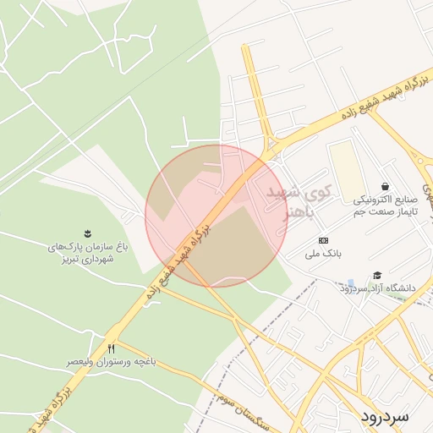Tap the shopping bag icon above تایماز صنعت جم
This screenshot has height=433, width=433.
point(386,186)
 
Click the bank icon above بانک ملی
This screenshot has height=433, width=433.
point(322,241)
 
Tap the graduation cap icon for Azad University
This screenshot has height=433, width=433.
point(377,275)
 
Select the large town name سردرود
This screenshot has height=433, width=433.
point(384,416)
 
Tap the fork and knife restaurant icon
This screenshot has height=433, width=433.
point(112,348)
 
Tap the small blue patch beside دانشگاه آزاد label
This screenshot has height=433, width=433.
point(351,283)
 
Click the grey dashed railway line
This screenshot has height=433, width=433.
point(279,304)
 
